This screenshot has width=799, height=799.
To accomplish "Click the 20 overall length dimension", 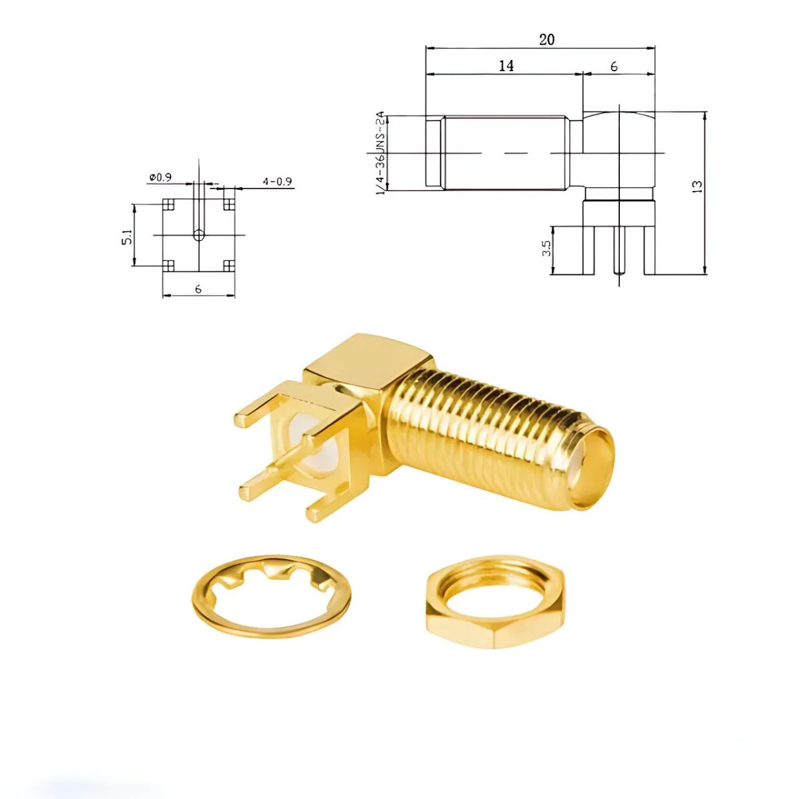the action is click(546, 39).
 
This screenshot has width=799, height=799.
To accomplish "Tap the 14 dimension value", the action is click(505, 65).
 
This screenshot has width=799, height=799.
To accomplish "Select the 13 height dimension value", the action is click(697, 186).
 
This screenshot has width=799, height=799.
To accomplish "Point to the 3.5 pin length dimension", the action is click(547, 248).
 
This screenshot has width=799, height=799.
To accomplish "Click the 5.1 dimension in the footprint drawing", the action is click(127, 236).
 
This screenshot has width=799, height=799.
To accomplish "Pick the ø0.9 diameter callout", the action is click(160, 178).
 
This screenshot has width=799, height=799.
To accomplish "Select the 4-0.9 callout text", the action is click(276, 181).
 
